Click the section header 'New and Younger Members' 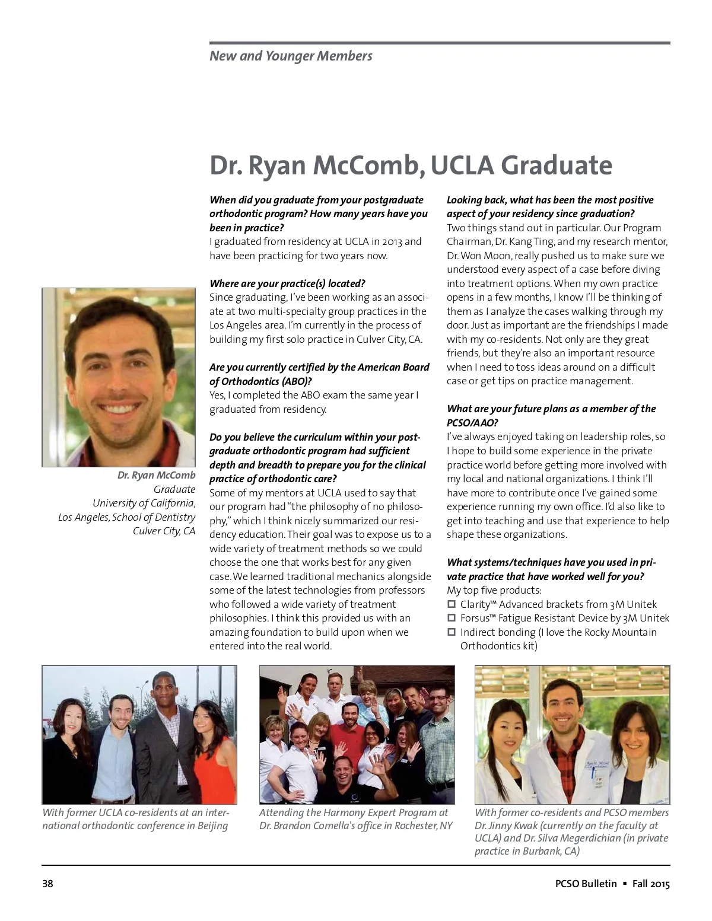(x=291, y=56)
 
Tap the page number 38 (x=47, y=884)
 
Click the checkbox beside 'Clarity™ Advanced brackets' (x=452, y=605)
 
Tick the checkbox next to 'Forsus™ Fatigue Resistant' (x=452, y=619)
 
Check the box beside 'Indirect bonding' (x=452, y=633)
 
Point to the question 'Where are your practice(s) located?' (x=287, y=283)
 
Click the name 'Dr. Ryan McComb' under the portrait (x=156, y=476)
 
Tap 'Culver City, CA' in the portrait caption (x=164, y=531)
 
